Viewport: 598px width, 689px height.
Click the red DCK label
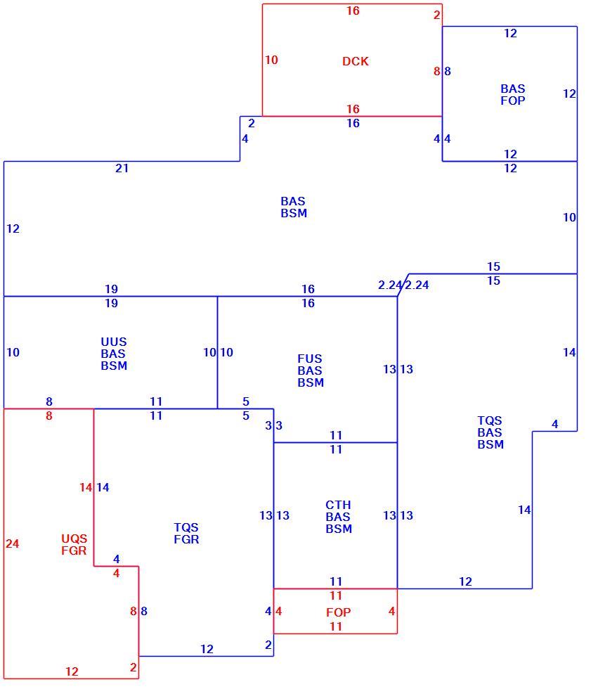[355, 61]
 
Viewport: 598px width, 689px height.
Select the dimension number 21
[122, 168]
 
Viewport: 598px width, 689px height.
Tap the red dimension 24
[12, 543]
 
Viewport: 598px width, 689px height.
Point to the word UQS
[74, 539]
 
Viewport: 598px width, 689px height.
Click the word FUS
[309, 359]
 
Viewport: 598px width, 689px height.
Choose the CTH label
[338, 505]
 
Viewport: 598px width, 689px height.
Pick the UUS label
[114, 342]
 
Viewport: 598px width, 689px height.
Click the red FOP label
[338, 612]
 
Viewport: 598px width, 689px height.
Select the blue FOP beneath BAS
[513, 101]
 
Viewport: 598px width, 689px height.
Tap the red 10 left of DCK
[271, 60]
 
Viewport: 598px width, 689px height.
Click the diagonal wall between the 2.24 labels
[403, 285]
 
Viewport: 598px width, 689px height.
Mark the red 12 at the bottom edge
[72, 671]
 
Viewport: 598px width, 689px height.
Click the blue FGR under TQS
[186, 539]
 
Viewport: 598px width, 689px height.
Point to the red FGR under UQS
[74, 550]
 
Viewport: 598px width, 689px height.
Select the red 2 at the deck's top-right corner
[436, 15]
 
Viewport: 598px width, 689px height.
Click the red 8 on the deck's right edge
[436, 71]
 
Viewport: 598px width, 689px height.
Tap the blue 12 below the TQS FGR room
[207, 649]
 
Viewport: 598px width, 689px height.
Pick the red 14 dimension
[86, 487]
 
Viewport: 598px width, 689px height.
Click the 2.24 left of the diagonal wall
[390, 285]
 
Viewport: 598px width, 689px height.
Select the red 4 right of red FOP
[391, 611]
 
